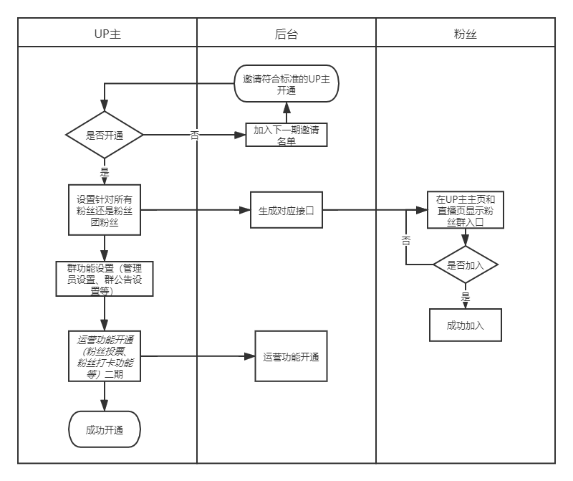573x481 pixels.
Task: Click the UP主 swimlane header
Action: tap(107, 33)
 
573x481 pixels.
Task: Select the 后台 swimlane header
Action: tap(286, 33)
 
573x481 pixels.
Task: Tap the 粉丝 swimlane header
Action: tap(466, 33)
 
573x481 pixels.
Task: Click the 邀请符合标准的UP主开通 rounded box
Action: tap(286, 84)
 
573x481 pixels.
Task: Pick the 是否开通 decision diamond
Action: tap(105, 135)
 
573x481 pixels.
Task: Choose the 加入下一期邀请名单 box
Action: tap(286, 135)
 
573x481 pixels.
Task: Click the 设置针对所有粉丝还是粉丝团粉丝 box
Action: tap(105, 210)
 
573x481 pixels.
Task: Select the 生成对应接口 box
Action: tap(286, 211)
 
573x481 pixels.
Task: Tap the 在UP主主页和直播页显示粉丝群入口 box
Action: tap(466, 210)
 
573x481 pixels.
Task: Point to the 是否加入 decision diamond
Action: tap(466, 265)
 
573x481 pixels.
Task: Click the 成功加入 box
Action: tap(466, 325)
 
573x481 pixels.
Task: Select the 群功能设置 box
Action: tap(105, 279)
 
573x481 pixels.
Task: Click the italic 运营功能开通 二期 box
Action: tap(105, 356)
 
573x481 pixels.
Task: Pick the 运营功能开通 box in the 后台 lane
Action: tap(291, 356)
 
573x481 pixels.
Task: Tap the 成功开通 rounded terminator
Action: tap(105, 430)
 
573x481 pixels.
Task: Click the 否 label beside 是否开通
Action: tap(195, 135)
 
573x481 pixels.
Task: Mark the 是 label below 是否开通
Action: tap(105, 172)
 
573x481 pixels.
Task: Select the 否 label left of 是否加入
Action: tap(406, 241)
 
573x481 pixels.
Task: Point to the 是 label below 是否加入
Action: tap(466, 296)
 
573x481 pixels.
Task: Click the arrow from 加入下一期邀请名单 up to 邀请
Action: tap(286, 113)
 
